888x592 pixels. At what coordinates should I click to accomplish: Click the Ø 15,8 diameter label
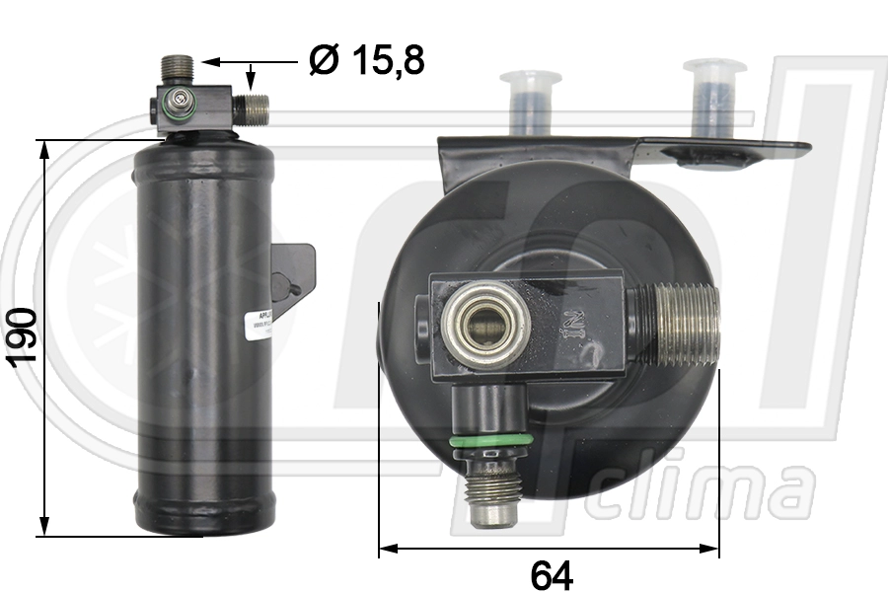366,61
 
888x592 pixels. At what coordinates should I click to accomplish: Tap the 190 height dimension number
21,336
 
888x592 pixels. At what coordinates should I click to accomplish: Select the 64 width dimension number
552,573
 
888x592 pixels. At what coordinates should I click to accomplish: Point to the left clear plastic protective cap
531,102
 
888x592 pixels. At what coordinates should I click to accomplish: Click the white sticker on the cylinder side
259,324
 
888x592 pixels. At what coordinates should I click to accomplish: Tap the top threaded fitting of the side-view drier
177,69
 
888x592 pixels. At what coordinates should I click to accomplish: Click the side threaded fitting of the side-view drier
255,108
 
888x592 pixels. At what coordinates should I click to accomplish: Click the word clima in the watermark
705,491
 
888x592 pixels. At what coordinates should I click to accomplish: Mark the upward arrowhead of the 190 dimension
42,148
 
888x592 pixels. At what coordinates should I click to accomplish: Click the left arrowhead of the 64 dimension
387,548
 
